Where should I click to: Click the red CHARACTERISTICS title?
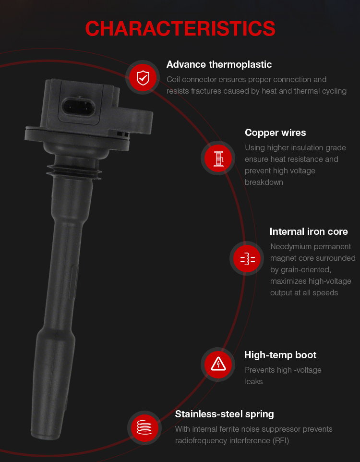(180, 29)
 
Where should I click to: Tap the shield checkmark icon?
(143, 77)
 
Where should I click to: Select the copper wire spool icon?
(218, 158)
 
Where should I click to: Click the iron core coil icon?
(248, 259)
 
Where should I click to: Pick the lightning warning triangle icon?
(218, 364)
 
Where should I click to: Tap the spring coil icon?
(144, 427)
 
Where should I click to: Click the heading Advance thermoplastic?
(219, 64)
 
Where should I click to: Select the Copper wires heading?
(275, 133)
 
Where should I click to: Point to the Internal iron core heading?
(309, 231)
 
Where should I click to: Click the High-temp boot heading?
(280, 355)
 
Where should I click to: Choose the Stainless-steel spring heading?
(224, 414)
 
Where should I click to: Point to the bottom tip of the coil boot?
(45, 437)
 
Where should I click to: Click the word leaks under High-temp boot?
(253, 382)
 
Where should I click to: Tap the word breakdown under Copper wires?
(264, 182)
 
